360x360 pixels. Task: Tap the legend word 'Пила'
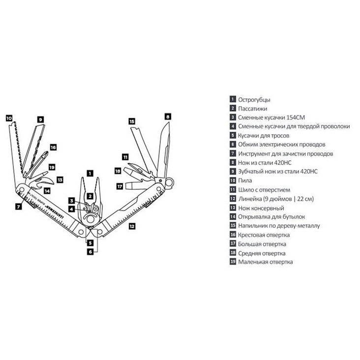pos(245,180)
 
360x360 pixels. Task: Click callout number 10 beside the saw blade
pos(9,118)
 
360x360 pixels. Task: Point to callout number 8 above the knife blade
pos(168,117)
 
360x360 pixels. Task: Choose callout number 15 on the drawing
pos(132,120)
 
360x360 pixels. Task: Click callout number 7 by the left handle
pos(18,207)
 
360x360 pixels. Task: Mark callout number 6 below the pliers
pos(90,251)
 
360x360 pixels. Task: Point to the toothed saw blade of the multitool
pos(17,148)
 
